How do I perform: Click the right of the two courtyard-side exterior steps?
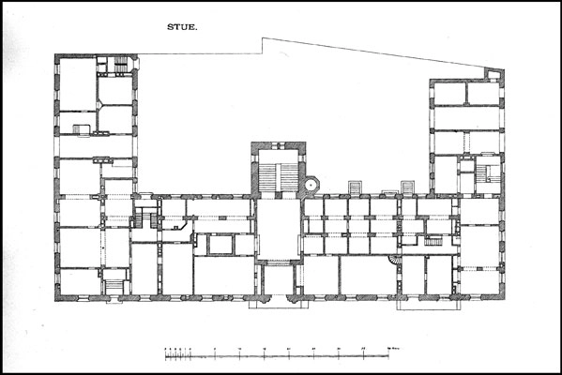(410, 187)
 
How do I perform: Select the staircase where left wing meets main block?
(144, 218)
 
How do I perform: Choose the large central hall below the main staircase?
(278, 229)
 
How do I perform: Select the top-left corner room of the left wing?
(77, 84)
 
